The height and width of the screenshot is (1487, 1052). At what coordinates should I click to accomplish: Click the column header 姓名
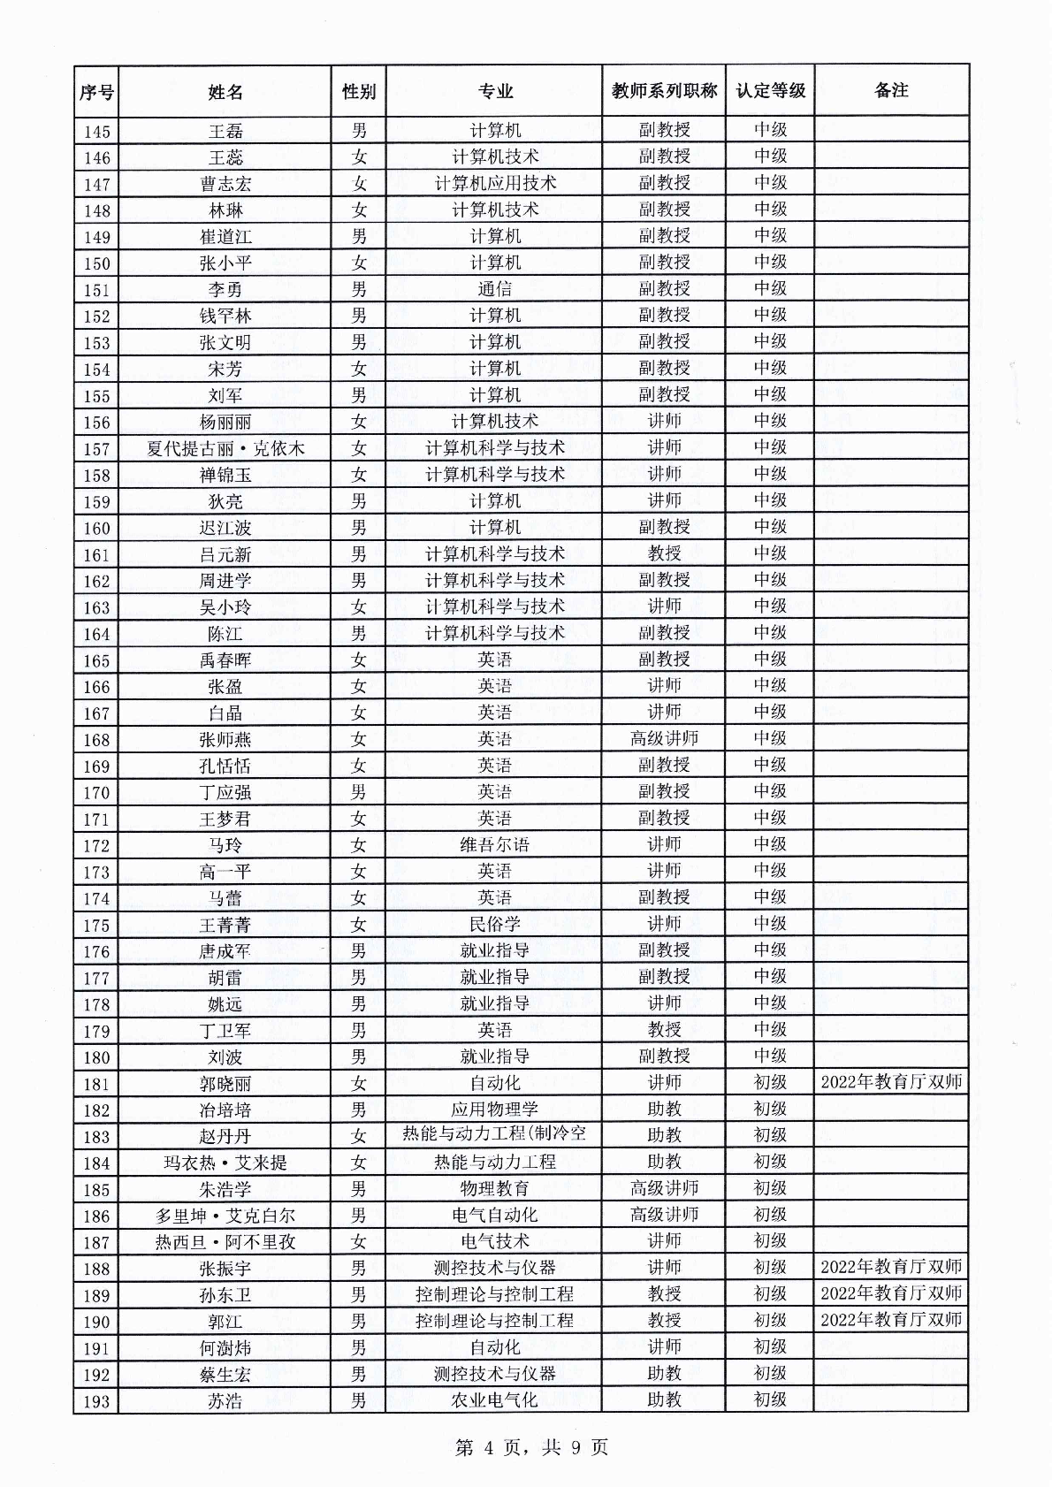coord(225,91)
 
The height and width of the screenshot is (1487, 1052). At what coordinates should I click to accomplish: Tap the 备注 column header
coord(891,90)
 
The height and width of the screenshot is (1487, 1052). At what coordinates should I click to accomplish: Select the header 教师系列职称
coord(664,91)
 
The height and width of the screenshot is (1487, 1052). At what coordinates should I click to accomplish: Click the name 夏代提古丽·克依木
coord(225,448)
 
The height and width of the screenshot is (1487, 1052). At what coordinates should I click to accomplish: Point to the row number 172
coord(96,845)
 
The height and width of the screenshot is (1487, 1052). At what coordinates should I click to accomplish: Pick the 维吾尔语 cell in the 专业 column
coord(494,845)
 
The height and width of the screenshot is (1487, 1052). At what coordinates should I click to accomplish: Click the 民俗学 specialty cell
coord(494,924)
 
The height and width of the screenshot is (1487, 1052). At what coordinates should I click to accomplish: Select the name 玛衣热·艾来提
coord(225,1163)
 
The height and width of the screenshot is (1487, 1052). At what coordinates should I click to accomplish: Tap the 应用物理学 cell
coord(494,1110)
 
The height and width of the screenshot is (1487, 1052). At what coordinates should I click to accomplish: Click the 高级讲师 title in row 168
coord(664,739)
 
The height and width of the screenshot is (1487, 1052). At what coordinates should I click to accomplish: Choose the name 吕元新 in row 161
coord(225,554)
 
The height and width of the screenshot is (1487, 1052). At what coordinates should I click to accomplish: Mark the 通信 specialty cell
coord(494,289)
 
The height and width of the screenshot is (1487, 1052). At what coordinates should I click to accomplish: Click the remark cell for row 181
coord(891,1082)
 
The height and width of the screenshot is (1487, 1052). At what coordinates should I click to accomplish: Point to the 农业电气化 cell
coord(494,1400)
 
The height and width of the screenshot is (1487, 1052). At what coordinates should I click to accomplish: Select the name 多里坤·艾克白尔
coord(225,1216)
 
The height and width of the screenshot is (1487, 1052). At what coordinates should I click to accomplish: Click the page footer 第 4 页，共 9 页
coord(531,1448)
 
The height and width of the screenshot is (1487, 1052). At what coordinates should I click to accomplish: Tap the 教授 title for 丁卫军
coord(664,1030)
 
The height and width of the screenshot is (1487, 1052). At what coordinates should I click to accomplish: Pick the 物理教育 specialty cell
coord(494,1189)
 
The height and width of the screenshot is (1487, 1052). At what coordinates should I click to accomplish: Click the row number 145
coord(96,132)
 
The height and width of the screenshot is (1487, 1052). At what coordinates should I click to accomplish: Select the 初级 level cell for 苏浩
coord(770,1400)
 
